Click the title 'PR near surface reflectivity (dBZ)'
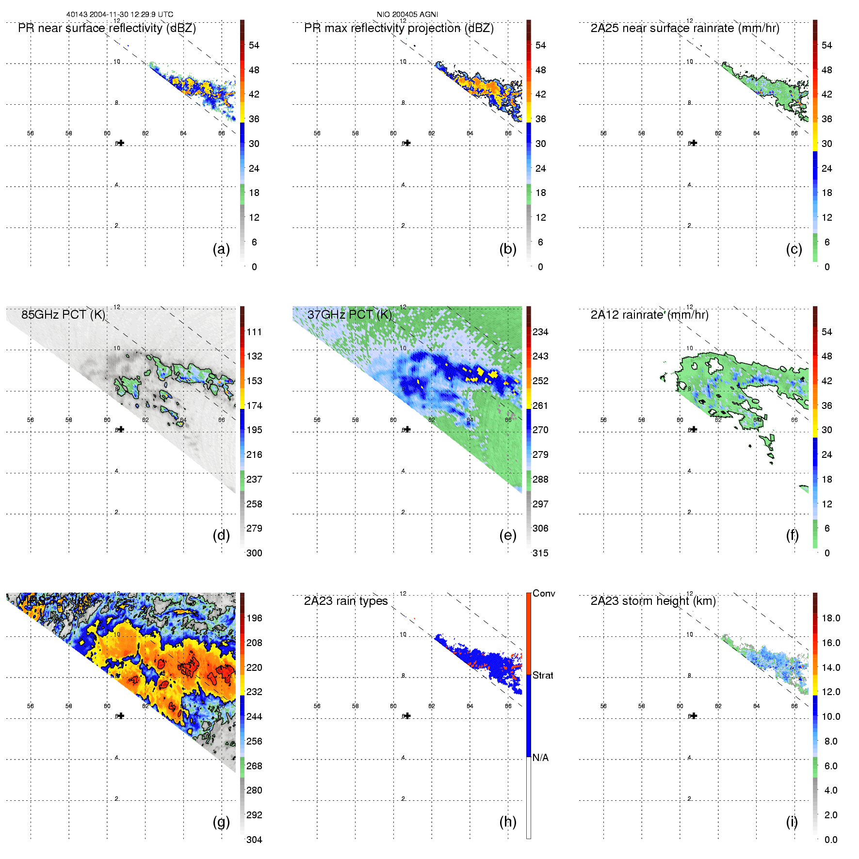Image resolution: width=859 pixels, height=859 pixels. click(x=107, y=28)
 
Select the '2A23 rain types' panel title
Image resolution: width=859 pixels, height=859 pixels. click(x=346, y=601)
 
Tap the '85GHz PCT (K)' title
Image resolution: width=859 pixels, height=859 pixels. click(x=63, y=315)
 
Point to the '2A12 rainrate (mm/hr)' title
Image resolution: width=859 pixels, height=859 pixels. click(x=649, y=315)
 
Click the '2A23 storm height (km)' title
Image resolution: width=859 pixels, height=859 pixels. click(x=653, y=601)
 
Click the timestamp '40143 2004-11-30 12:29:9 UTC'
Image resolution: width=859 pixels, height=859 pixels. click(x=119, y=15)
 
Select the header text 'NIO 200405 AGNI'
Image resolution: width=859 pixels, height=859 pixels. click(x=407, y=15)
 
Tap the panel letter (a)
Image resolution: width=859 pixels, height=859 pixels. click(x=221, y=249)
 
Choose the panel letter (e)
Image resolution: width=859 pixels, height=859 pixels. click(x=508, y=535)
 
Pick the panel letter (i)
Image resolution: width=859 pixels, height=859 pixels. click(x=792, y=822)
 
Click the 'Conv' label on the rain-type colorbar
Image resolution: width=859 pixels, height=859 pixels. click(x=544, y=593)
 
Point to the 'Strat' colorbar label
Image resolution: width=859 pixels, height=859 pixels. click(x=543, y=675)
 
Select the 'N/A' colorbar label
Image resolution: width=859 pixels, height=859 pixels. click(x=540, y=758)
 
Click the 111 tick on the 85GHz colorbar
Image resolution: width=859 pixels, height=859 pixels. click(x=254, y=332)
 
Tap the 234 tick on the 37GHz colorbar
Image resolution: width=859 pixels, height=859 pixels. click(x=540, y=332)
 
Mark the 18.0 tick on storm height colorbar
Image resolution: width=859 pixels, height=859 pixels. click(x=830, y=618)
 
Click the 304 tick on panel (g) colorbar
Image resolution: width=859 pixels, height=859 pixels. click(x=254, y=840)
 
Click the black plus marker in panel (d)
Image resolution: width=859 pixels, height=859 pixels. click(x=121, y=429)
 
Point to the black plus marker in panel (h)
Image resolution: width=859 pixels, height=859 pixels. click(x=407, y=715)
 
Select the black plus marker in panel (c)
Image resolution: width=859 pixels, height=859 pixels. click(x=694, y=143)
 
